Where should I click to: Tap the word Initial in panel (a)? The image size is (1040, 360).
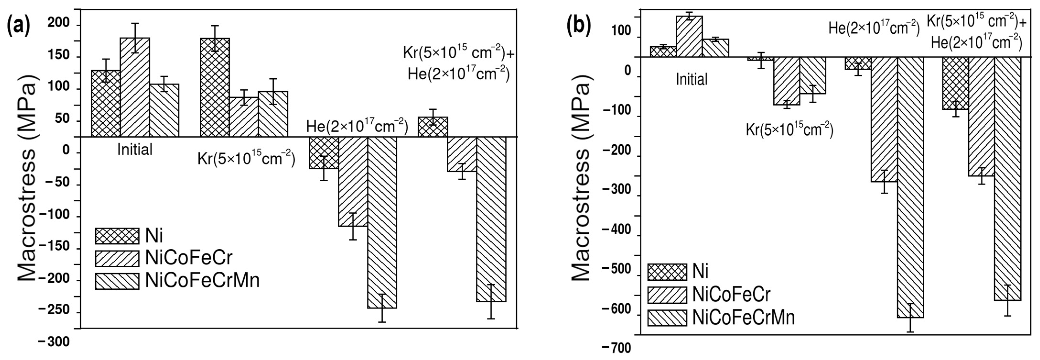(x=135, y=150)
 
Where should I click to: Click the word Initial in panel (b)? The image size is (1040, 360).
(x=692, y=79)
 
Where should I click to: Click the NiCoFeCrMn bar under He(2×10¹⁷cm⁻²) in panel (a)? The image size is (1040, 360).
(x=382, y=222)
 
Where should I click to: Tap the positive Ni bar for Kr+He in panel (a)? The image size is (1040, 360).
(x=433, y=127)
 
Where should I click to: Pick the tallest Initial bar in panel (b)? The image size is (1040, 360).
(x=690, y=36)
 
